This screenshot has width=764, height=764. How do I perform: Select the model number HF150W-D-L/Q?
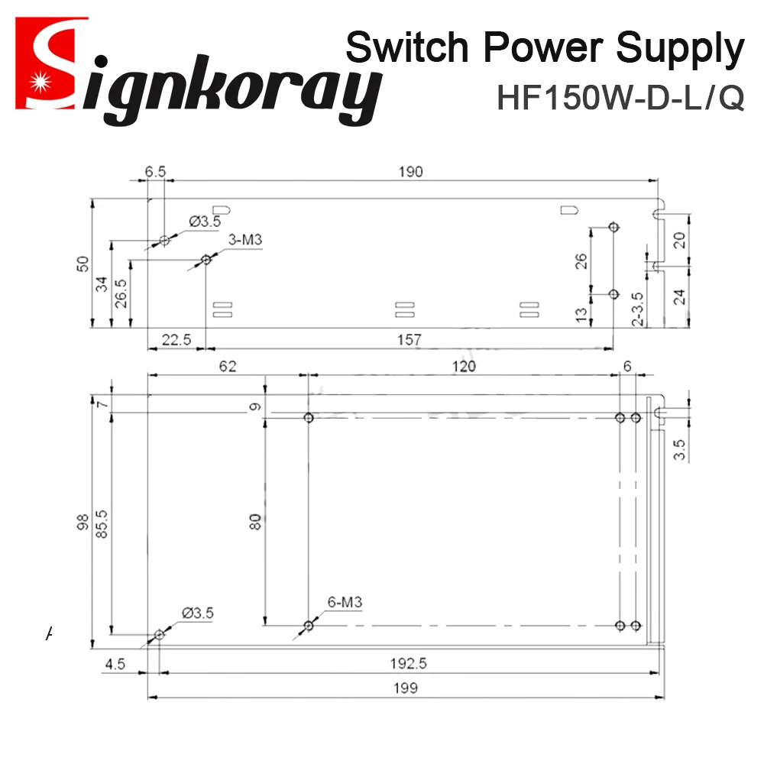click(620, 98)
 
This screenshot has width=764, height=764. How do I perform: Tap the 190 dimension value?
click(410, 172)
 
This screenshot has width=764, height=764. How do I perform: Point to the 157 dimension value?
click(410, 340)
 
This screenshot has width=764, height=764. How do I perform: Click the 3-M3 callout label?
click(245, 241)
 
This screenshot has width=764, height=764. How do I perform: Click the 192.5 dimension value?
click(407, 663)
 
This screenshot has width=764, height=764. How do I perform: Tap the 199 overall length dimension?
click(407, 688)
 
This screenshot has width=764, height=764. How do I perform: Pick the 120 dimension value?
click(463, 366)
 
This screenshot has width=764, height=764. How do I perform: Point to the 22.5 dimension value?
click(176, 340)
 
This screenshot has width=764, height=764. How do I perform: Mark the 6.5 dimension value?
click(155, 172)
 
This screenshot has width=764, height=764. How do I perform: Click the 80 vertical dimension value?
click(256, 522)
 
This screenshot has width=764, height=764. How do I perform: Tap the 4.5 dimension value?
click(115, 663)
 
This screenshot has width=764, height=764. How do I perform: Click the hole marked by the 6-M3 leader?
click(309, 626)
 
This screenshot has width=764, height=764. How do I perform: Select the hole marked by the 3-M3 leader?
click(206, 261)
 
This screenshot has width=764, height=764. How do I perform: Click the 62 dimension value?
click(227, 366)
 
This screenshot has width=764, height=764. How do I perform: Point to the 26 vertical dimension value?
click(581, 261)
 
